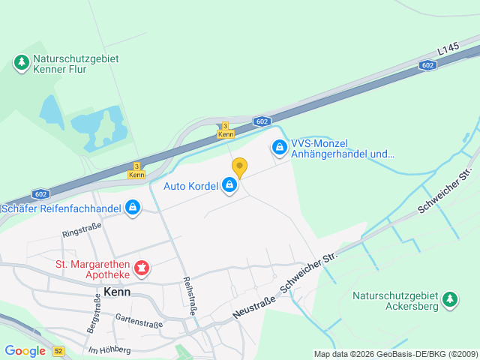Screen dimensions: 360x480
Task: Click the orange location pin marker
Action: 239,167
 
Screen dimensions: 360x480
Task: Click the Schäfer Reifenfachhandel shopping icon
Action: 133,206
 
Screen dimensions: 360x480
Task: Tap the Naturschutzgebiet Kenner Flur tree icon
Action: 22,62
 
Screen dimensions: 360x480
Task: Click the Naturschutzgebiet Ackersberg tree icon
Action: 450,300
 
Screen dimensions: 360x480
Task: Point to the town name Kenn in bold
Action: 118,292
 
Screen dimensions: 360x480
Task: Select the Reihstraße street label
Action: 190,294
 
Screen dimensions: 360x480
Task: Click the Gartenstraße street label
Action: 139,321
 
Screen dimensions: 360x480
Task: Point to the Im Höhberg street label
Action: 109,349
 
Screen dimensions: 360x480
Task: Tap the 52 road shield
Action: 59,351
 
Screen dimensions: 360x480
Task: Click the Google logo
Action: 25,351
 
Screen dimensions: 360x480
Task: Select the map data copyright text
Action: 394,354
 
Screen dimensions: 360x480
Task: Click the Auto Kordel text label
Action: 190,185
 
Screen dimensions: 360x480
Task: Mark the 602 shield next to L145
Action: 427,65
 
